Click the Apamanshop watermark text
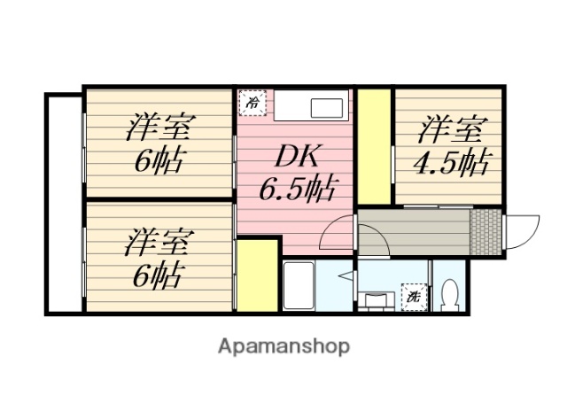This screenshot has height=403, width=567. tap(283, 345)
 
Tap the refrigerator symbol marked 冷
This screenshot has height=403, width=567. tap(252, 103)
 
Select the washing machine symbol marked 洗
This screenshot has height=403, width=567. tap(414, 295)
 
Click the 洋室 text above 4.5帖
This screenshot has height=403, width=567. tap(451, 130)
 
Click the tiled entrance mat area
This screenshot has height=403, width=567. tap(485, 232)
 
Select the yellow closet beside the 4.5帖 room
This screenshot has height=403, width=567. tap(373, 145)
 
